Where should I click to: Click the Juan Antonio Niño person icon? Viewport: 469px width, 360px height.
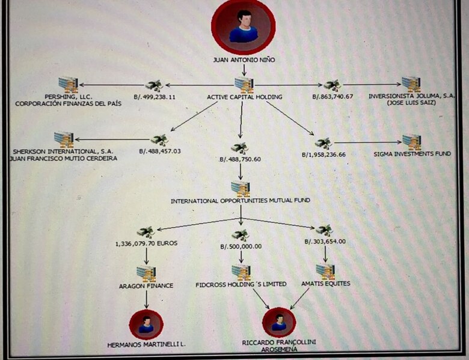pos(243,27)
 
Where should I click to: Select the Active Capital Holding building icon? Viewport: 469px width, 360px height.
pos(243,85)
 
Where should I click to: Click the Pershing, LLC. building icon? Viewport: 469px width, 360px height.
pos(68,85)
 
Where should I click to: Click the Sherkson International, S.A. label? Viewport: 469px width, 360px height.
pos(64,151)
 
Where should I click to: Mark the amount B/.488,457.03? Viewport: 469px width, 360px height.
pos(160,151)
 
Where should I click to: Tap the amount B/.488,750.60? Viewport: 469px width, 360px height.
pos(241,159)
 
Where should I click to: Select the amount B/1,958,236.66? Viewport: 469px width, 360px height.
pos(324,154)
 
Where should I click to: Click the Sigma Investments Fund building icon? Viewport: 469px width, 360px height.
pos(411,142)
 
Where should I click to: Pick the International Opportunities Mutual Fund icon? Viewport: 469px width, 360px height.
pos(241,189)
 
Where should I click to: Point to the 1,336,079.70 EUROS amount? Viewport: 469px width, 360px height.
pos(145,243)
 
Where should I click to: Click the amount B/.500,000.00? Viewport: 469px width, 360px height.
pos(241,246)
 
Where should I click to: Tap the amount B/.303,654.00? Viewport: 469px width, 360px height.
pos(325,241)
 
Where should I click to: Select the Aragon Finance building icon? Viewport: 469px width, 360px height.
pos(146,273)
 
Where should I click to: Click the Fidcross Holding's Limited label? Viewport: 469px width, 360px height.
pos(241,284)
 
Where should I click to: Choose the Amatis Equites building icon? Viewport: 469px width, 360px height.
pos(325,271)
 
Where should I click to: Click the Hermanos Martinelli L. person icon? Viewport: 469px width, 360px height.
pos(146,325)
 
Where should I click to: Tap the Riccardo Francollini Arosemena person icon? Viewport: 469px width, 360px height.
pos(278,323)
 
